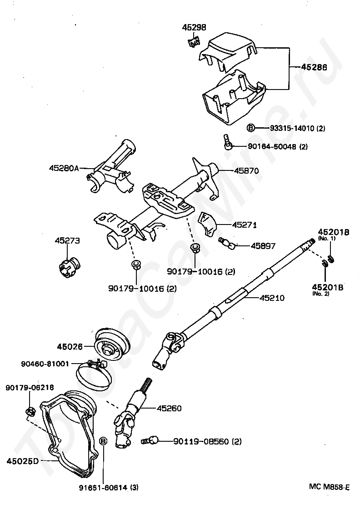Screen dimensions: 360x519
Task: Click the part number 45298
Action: click(x=194, y=27)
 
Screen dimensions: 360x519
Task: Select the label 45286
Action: click(x=314, y=67)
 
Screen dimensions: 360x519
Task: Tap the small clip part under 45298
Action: click(x=194, y=42)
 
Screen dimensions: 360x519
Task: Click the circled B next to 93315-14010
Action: click(x=251, y=128)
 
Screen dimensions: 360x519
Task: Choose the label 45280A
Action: click(x=64, y=168)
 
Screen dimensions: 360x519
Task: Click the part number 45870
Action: click(x=246, y=171)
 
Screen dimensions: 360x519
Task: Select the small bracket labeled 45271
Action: click(x=207, y=225)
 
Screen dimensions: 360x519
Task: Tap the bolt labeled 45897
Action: click(x=227, y=243)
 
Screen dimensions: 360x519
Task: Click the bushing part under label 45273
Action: click(x=69, y=266)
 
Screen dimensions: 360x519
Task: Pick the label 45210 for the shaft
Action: click(x=271, y=298)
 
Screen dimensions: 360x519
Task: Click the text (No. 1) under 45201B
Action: click(x=326, y=238)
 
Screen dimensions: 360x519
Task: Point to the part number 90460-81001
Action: click(x=45, y=364)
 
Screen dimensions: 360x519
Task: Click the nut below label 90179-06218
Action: click(x=30, y=412)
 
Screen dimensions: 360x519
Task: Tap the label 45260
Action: click(x=169, y=409)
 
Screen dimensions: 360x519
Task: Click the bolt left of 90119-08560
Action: click(x=150, y=440)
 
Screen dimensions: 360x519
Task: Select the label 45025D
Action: click(x=23, y=461)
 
